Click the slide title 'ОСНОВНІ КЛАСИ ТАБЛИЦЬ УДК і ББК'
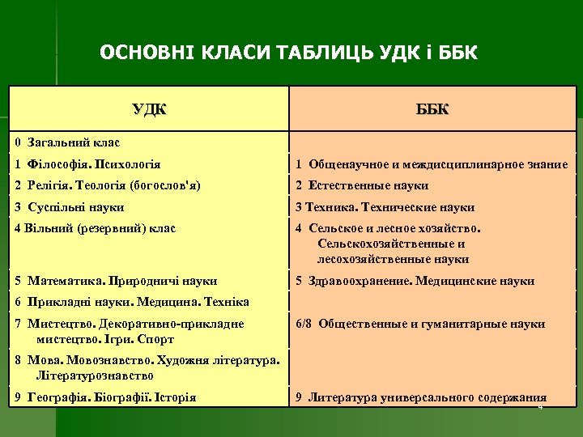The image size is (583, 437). [x=289, y=54]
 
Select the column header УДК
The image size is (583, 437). [x=149, y=109]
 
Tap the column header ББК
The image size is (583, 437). [x=433, y=109]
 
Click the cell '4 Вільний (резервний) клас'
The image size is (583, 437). [x=95, y=228]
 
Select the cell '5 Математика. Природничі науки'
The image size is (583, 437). [x=116, y=281]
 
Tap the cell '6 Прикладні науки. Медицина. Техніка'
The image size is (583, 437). [x=132, y=302]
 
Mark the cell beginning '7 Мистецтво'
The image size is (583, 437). [x=130, y=331]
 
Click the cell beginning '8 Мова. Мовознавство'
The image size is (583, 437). [x=147, y=367]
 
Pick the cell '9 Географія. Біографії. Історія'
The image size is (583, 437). [x=105, y=397]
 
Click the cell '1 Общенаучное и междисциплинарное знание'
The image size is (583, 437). [x=432, y=164]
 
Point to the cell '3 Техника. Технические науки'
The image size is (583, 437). [x=385, y=206]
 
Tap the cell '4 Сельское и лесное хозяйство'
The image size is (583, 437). [x=389, y=244]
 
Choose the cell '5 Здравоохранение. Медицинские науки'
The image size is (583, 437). [x=415, y=281]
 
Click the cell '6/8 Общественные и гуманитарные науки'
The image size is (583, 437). [x=420, y=324]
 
